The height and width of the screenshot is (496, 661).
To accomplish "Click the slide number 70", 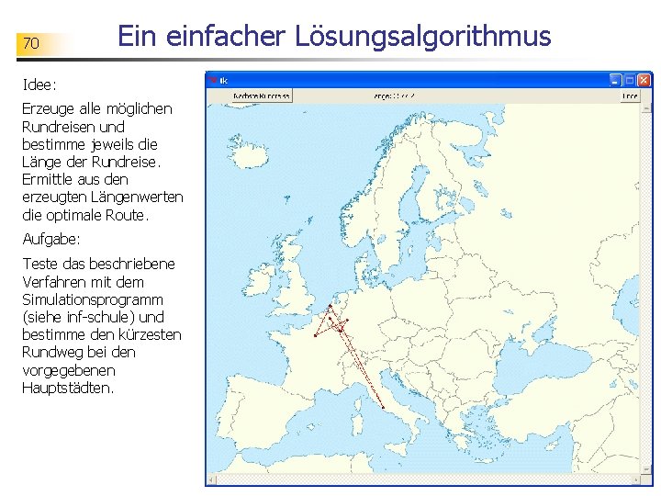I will tap(30, 43).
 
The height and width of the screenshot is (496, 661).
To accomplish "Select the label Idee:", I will tap(39, 85).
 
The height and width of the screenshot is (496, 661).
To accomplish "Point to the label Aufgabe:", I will tap(51, 239).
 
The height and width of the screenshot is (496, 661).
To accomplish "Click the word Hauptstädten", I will tap(68, 388).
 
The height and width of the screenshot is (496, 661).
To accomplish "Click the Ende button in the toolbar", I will tap(629, 95).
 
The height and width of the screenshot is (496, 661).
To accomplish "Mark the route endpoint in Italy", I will tap(383, 406).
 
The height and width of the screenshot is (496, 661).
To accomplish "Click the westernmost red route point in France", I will tap(315, 336).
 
